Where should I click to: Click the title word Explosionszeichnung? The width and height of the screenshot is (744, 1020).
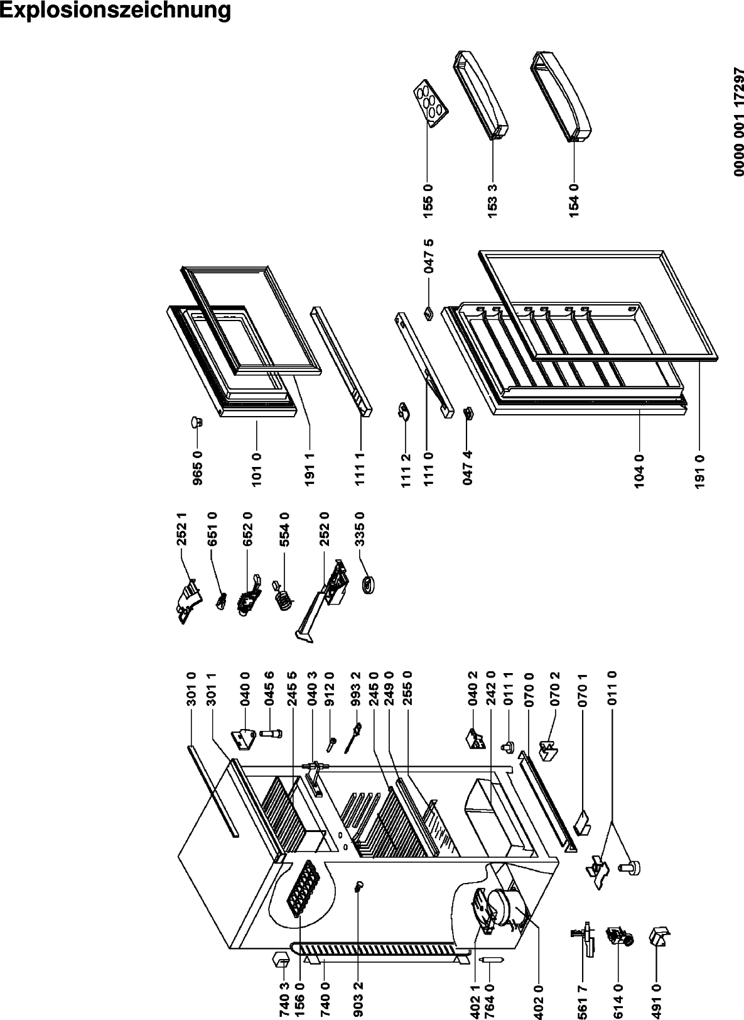pyautogui.click(x=116, y=11)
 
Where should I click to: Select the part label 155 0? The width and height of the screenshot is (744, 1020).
pyautogui.click(x=429, y=199)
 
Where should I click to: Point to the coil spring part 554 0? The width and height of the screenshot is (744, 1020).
pyautogui.click(x=284, y=597)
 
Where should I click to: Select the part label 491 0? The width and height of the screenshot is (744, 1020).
pyautogui.click(x=657, y=1000)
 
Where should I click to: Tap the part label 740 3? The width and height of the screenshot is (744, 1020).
pyautogui.click(x=284, y=1000)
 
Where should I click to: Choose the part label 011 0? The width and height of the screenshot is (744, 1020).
pyautogui.click(x=613, y=689)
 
